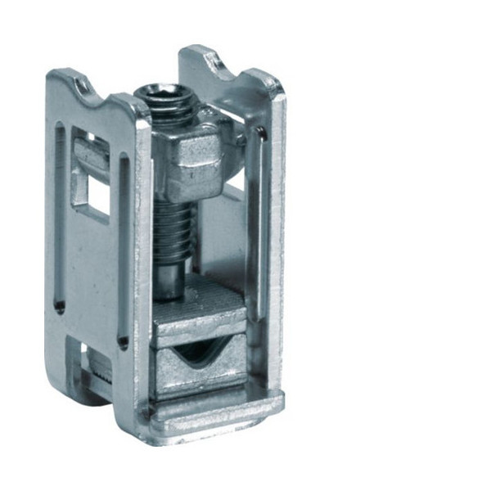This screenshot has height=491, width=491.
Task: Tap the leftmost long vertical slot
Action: [x=60, y=217]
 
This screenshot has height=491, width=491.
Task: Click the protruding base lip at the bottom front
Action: [x=217, y=409]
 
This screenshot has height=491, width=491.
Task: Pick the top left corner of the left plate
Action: [x=51, y=75]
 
